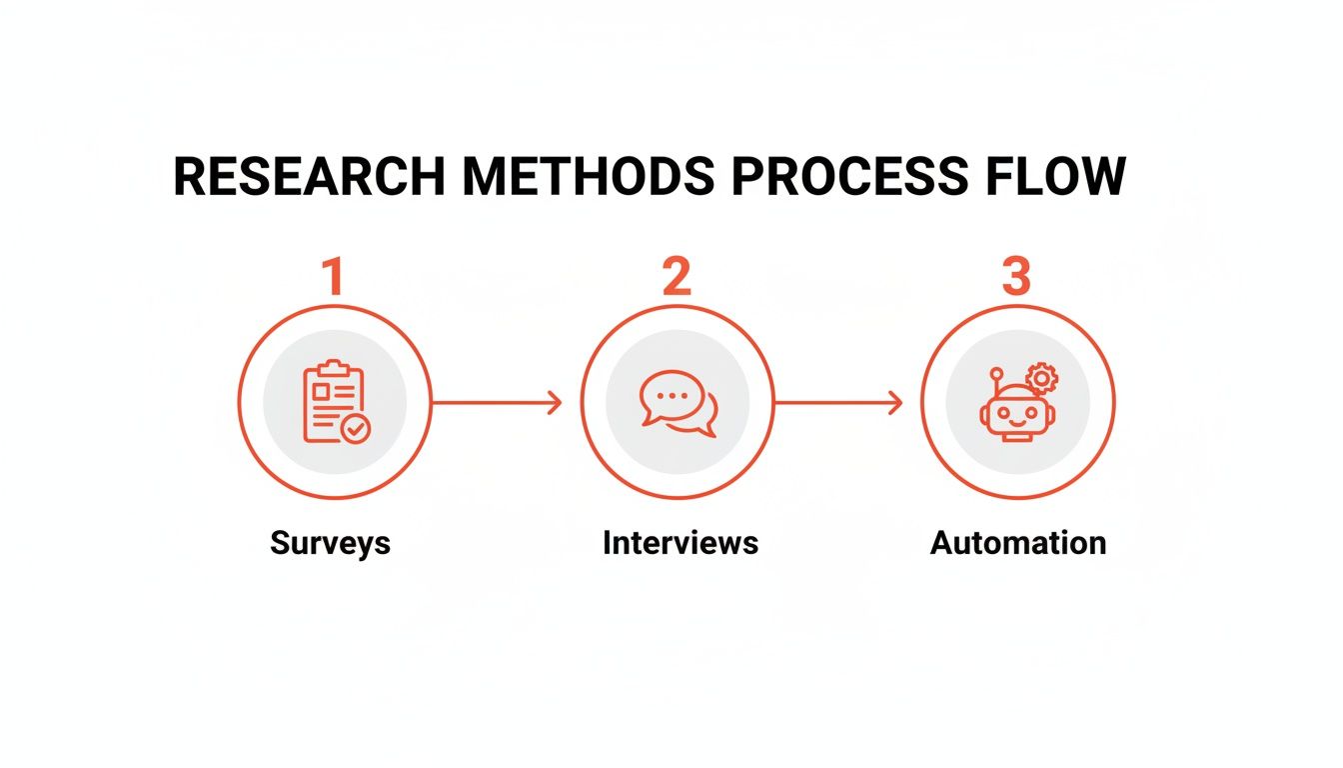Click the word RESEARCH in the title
[x=309, y=178]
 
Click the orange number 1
[x=333, y=277]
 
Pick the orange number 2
[x=676, y=277]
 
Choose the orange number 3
[x=1016, y=277]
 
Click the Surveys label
[x=330, y=543]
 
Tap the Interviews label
[x=679, y=543]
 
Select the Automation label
[x=1018, y=543]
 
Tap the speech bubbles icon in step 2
[x=677, y=403]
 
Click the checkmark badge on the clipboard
[x=355, y=429]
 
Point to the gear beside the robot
[x=1042, y=379]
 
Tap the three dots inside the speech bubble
[x=672, y=395]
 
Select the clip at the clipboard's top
[x=329, y=368]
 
